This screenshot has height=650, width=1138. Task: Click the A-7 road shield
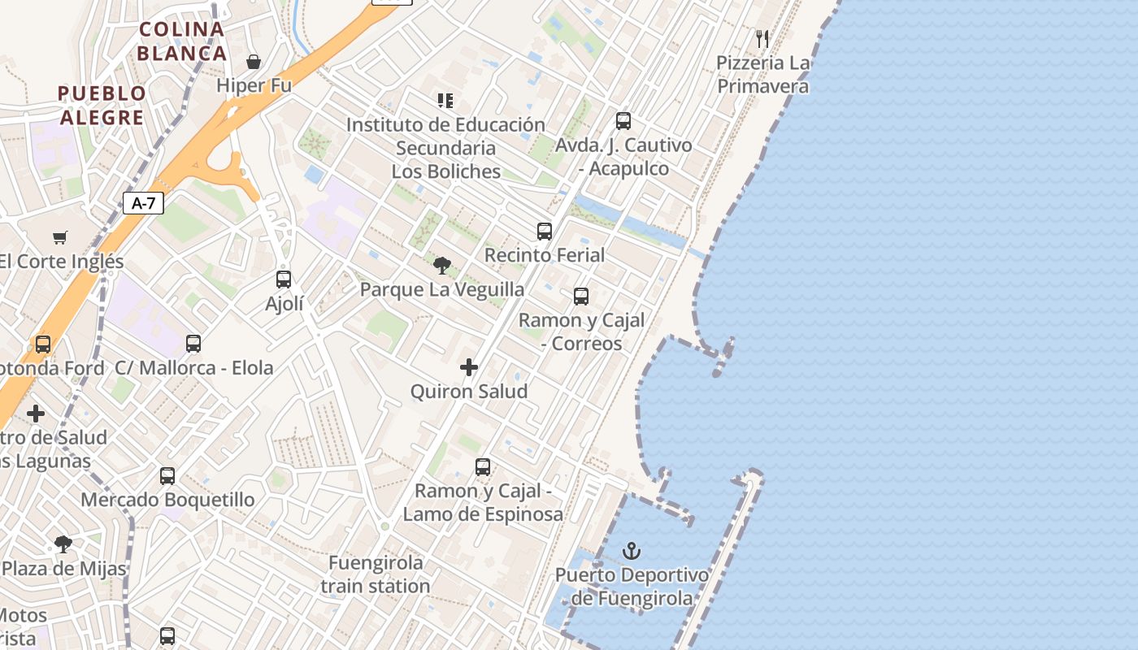click(143, 203)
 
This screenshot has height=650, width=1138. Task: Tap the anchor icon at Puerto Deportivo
click(632, 552)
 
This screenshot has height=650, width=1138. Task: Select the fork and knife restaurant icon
click(762, 38)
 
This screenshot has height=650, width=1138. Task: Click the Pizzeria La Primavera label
click(762, 75)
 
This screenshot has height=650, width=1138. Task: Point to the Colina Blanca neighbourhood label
click(181, 41)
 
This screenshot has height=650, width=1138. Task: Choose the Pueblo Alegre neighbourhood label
click(102, 105)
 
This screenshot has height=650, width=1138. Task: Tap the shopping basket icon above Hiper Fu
click(254, 62)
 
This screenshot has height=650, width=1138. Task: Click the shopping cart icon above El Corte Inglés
click(60, 237)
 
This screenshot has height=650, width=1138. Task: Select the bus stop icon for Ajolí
click(284, 279)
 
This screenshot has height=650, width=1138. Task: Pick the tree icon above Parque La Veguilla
click(442, 265)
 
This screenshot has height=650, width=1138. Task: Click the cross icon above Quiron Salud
click(469, 367)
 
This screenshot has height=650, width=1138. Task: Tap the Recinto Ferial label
click(545, 255)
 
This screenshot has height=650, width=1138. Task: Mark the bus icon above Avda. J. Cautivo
click(623, 121)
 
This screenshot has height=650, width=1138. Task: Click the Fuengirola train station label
click(376, 574)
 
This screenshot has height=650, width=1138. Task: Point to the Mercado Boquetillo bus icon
click(167, 476)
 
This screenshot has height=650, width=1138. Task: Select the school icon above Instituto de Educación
click(445, 101)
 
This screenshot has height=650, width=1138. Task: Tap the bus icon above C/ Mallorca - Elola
click(193, 344)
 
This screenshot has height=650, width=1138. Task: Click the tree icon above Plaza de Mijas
click(63, 544)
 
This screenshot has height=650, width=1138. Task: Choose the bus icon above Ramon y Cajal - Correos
click(581, 297)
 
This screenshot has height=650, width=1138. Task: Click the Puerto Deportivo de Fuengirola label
click(632, 587)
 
